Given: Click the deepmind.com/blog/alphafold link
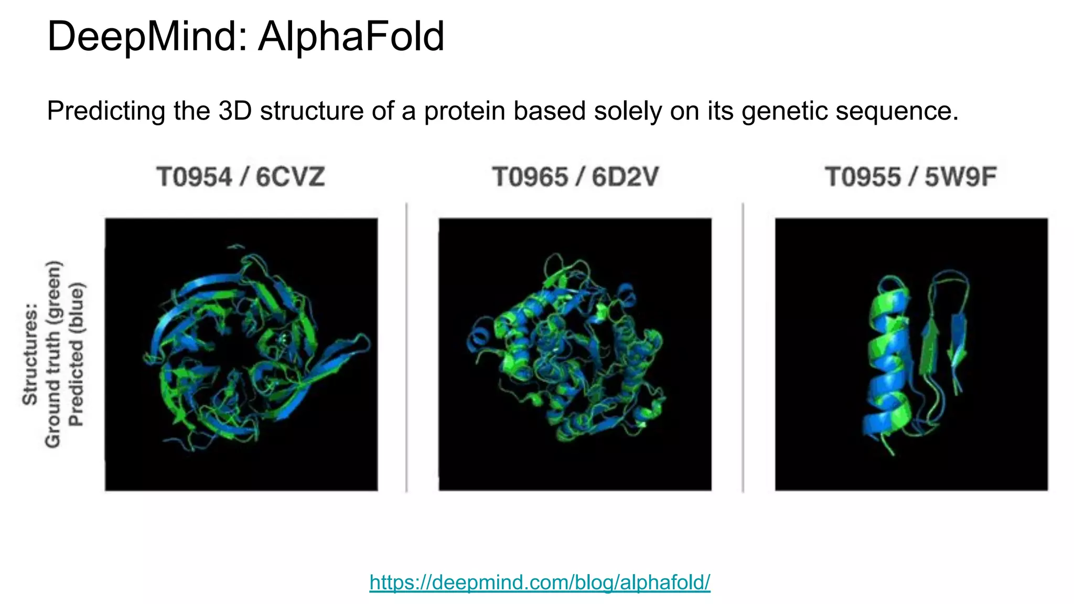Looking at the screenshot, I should pyautogui.click(x=540, y=583).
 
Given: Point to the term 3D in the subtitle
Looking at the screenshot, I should pyautogui.click(x=235, y=111).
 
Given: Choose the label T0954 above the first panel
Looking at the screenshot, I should pyautogui.click(x=194, y=177).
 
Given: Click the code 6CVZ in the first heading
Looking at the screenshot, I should pyautogui.click(x=290, y=177).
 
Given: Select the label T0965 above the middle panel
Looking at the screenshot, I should pyautogui.click(x=530, y=177).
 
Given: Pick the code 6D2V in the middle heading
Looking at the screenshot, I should pyautogui.click(x=625, y=177).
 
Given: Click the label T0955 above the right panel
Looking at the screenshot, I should pyautogui.click(x=863, y=177).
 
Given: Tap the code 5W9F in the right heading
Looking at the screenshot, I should pyautogui.click(x=960, y=177).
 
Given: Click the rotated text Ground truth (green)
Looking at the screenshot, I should pyautogui.click(x=53, y=354).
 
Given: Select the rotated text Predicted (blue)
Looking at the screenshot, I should pyautogui.click(x=77, y=354).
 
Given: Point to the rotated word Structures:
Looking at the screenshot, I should pyautogui.click(x=30, y=354).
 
